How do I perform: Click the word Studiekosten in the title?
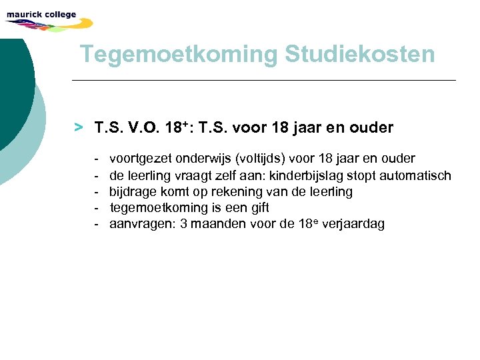click(359, 54)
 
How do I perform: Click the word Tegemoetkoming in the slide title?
click(178, 54)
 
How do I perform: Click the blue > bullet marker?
click(79, 126)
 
